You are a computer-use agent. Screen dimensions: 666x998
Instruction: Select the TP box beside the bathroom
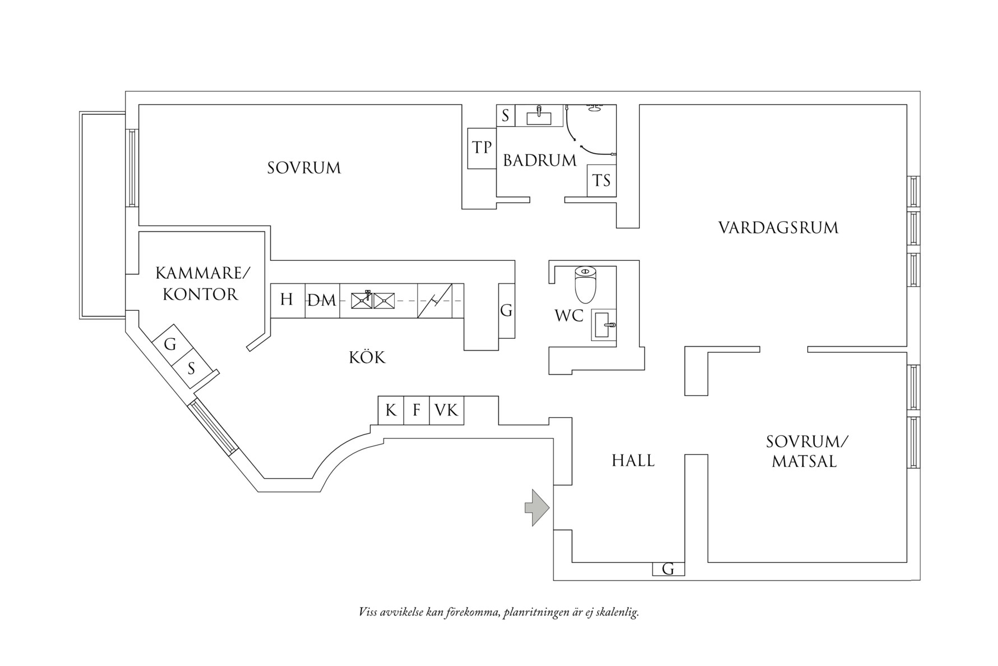(482, 148)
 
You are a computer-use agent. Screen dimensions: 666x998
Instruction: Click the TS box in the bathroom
(602, 181)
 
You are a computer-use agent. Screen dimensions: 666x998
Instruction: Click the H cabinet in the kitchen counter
(287, 300)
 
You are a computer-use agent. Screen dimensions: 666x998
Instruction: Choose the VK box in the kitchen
(446, 411)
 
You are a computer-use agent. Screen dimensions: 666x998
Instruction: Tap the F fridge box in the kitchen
(416, 411)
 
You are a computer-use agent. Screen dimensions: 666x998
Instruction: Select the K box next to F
(391, 411)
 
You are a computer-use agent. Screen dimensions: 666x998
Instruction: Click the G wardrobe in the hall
(668, 569)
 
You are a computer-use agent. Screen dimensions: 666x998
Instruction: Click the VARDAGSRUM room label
(778, 228)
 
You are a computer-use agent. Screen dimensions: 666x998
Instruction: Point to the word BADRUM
(539, 161)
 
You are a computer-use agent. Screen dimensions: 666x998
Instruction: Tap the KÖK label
(367, 357)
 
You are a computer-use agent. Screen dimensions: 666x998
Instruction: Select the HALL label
(633, 461)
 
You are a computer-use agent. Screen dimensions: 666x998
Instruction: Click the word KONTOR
(200, 295)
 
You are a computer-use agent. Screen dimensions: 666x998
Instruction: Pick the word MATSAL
(804, 462)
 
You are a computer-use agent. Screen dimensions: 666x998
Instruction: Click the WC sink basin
(603, 325)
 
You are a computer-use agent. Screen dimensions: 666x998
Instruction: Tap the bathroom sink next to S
(539, 117)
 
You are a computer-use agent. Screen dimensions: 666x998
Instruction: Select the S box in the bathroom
(505, 116)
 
